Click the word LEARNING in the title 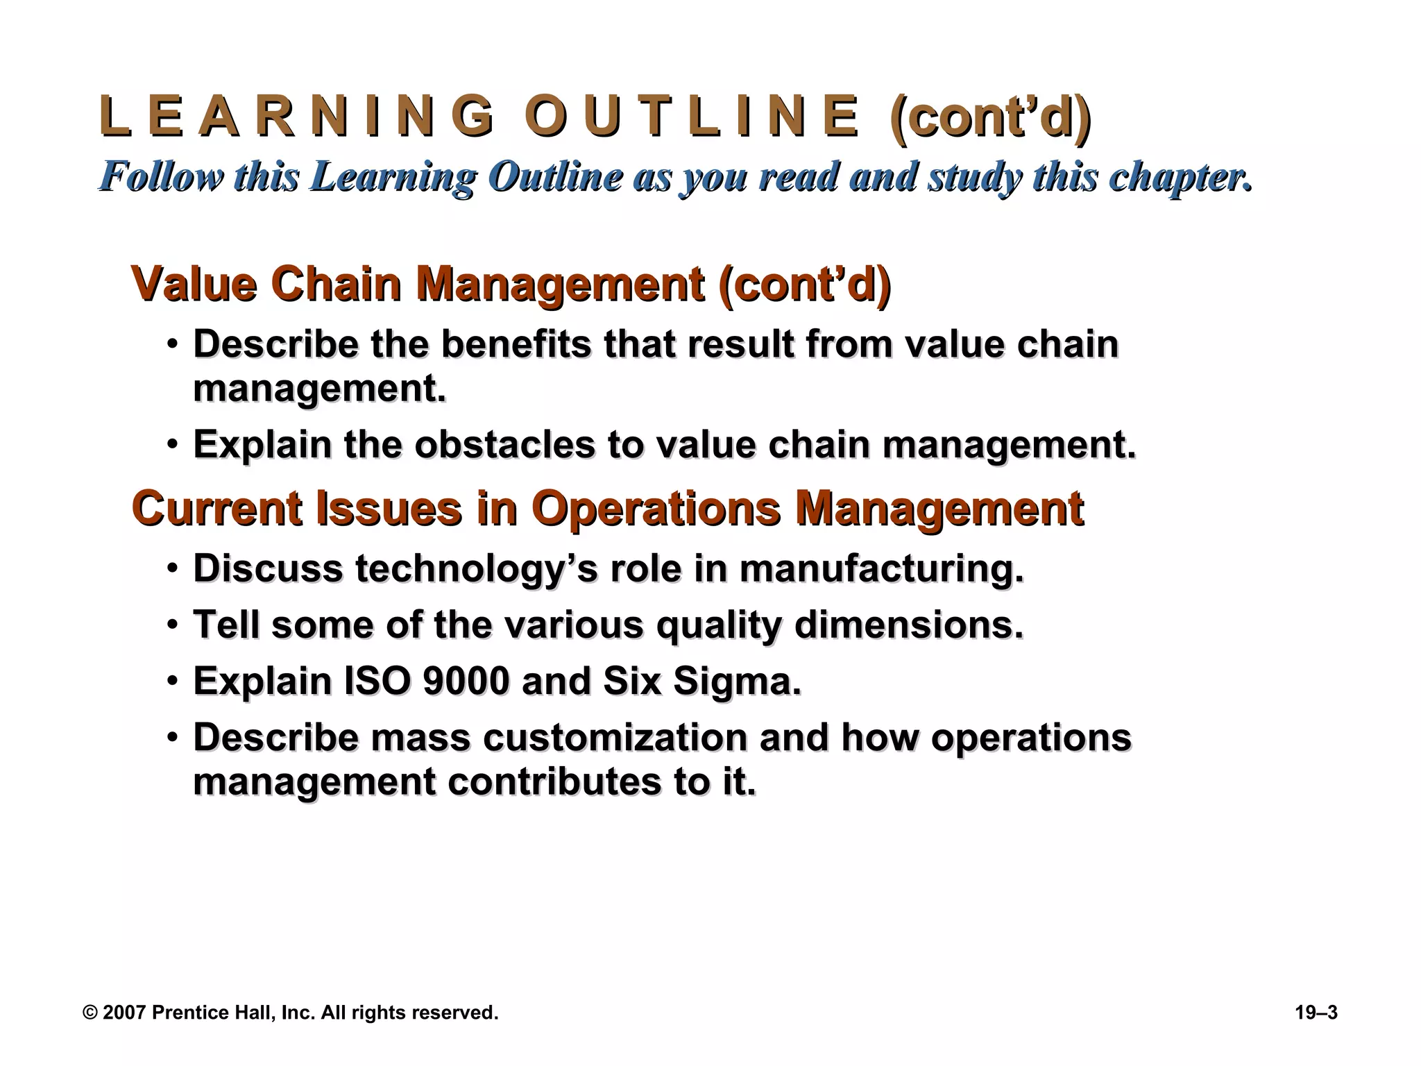297,117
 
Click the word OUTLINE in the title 692,117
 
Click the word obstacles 504,444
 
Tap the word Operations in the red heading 655,508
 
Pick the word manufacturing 881,568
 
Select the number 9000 466,681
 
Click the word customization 615,737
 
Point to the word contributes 554,782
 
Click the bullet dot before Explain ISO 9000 172,681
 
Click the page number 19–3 1316,1013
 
